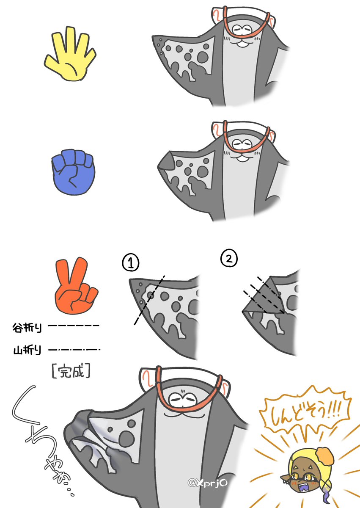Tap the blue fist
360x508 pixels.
pyautogui.click(x=73, y=172)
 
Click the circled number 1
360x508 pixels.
pyautogui.click(x=131, y=262)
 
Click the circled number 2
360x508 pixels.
pyautogui.click(x=229, y=258)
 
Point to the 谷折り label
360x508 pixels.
pyautogui.click(x=27, y=328)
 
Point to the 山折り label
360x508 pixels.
pyautogui.click(x=27, y=350)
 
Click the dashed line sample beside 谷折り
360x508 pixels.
pyautogui.click(x=74, y=326)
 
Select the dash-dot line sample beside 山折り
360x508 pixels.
pyautogui.click(x=74, y=350)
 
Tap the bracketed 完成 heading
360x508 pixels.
pyautogui.click(x=71, y=371)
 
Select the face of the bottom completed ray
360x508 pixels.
pyautogui.click(x=183, y=401)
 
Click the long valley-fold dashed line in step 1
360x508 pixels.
pyautogui.click(x=149, y=300)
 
